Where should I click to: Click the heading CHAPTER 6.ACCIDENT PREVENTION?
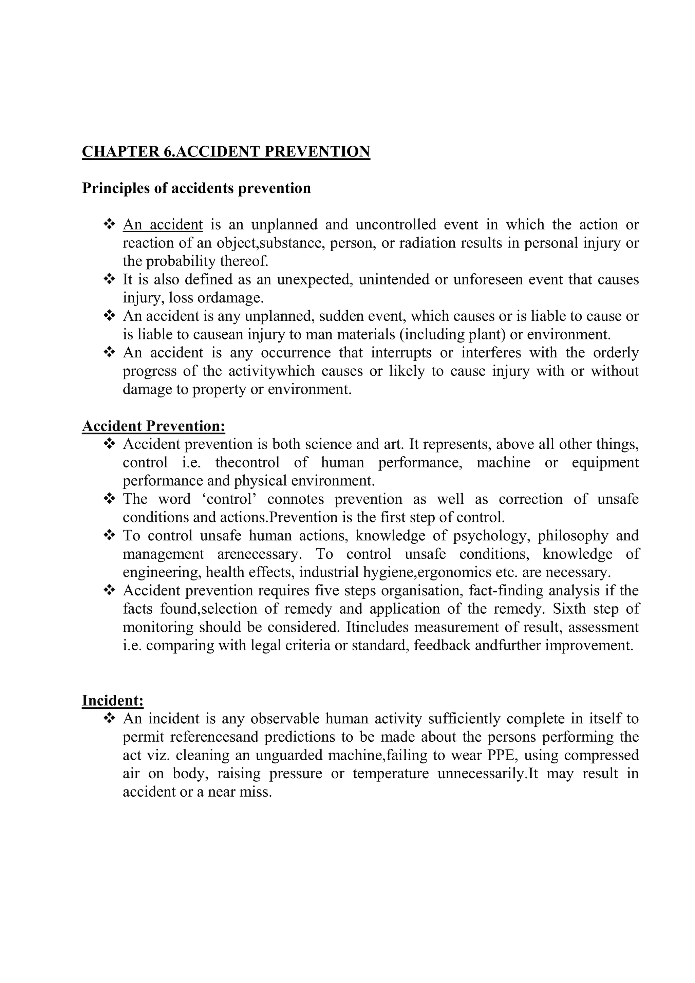(x=226, y=152)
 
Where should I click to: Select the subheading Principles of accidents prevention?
(x=196, y=188)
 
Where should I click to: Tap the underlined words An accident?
(x=163, y=224)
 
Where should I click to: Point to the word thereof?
(x=244, y=261)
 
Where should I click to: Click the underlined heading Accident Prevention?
(x=154, y=426)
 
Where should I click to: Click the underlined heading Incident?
(x=113, y=701)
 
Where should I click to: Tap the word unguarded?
(x=289, y=755)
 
